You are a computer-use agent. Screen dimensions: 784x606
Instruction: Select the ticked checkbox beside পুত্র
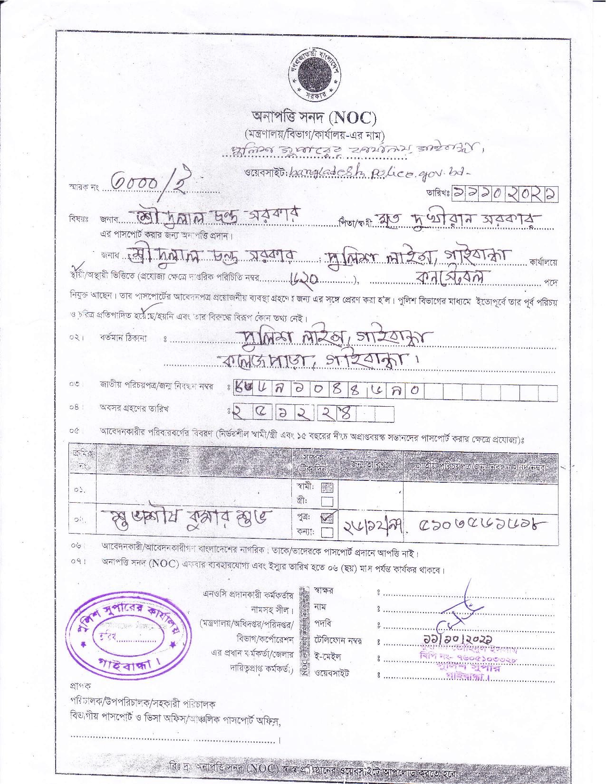(327, 518)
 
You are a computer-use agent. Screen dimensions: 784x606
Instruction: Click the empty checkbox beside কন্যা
(327, 533)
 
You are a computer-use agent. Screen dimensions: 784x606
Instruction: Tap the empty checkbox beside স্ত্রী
(327, 501)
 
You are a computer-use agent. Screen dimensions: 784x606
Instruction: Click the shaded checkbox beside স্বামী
(327, 487)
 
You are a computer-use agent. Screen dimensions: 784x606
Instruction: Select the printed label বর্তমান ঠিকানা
(123, 338)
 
